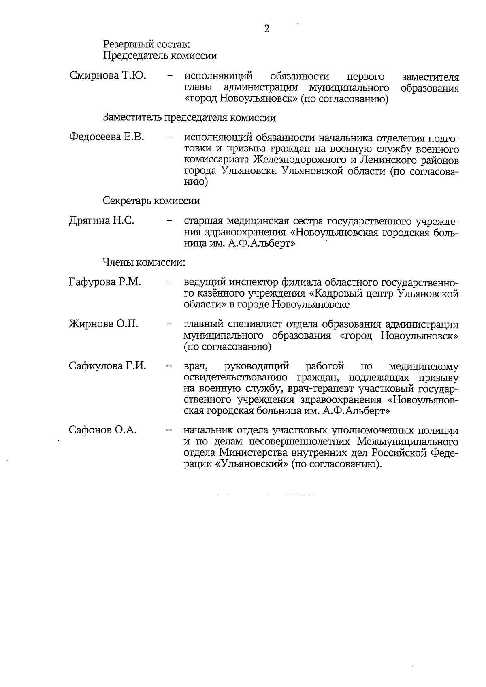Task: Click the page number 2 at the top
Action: click(266, 29)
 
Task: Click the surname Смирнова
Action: click(94, 76)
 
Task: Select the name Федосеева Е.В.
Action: click(107, 137)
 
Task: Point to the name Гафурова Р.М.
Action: click(105, 282)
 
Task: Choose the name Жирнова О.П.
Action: click(104, 324)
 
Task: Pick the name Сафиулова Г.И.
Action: click(107, 366)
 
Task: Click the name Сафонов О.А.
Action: click(103, 430)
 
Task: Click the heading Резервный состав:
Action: click(147, 44)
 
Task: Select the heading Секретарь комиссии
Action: click(151, 201)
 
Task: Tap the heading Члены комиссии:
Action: click(144, 262)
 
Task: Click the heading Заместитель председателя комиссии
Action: click(190, 118)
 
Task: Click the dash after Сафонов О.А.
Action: click(169, 430)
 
